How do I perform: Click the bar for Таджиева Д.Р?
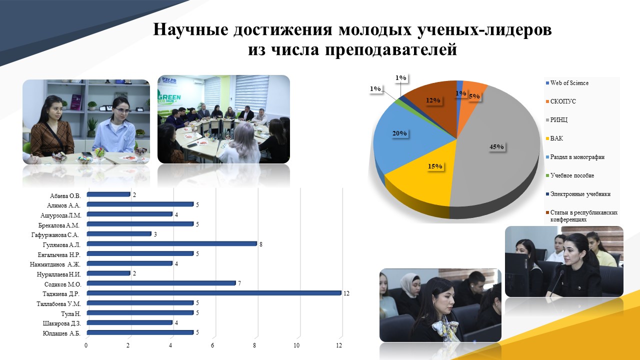(214, 293)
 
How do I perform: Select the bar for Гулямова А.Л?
(172, 243)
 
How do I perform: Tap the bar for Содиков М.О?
(161, 283)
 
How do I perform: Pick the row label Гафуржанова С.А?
(55, 235)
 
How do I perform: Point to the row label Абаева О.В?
(65, 196)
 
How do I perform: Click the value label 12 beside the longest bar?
(346, 293)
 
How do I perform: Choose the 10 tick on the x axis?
(297, 345)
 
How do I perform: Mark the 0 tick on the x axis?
(86, 345)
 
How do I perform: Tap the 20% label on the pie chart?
(399, 133)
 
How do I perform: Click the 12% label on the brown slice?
(433, 100)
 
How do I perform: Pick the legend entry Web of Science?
(567, 83)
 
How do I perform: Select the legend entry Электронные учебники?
(578, 194)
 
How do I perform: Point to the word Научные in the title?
(191, 29)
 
